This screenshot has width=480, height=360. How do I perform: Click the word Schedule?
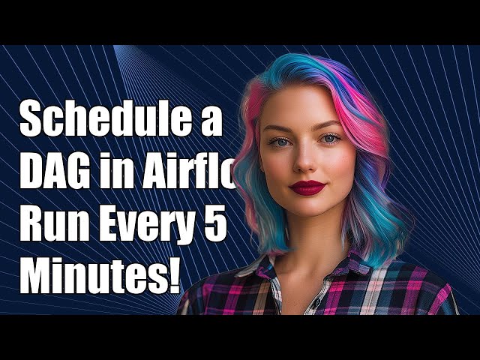coord(101,121)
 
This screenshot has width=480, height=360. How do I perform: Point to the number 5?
coord(215,226)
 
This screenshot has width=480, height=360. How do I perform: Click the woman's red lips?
coord(307,187)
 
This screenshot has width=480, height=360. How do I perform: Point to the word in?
coord(122,174)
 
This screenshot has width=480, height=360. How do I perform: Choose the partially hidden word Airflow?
coord(194,174)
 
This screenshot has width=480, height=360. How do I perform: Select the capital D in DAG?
coord(32,174)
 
